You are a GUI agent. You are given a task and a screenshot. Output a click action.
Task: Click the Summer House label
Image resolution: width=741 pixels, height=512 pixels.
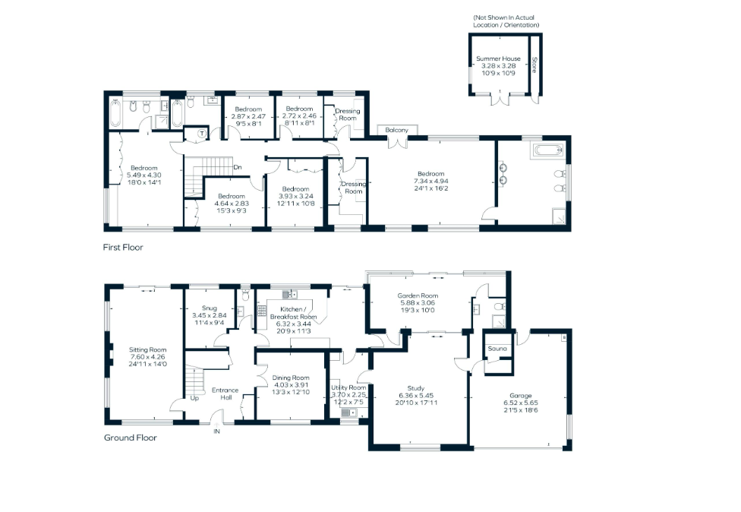point(498,58)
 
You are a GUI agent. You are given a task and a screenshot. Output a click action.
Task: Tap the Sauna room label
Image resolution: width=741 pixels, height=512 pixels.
point(497,349)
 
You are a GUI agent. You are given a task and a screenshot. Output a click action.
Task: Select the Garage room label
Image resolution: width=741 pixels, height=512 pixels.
point(520,395)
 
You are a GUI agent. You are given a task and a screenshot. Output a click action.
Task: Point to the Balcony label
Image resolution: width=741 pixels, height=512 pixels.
point(396,130)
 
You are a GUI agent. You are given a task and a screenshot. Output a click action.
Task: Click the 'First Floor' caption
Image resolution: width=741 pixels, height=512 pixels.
point(123,247)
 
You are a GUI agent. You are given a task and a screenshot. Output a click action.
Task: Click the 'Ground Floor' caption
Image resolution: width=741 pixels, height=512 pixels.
point(131,438)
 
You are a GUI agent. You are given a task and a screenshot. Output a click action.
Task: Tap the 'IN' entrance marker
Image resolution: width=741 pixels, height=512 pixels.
point(216,431)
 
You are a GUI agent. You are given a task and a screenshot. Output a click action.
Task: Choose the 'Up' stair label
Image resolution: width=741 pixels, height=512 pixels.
point(194,398)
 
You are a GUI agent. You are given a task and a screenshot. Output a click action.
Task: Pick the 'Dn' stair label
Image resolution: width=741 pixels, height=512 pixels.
point(238,167)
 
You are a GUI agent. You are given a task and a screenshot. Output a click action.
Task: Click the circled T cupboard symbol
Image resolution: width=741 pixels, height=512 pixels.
point(202,134)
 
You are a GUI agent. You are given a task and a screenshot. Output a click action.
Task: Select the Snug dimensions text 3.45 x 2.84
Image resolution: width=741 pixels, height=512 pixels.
point(210,315)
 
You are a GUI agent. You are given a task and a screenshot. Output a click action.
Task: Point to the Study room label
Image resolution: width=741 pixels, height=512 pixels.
point(416,388)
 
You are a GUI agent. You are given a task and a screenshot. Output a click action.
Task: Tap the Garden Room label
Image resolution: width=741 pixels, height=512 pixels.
point(418,296)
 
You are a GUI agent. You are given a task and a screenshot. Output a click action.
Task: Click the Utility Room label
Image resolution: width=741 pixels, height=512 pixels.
point(348,387)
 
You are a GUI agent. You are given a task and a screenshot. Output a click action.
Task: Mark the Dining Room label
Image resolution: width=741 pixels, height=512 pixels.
point(291,378)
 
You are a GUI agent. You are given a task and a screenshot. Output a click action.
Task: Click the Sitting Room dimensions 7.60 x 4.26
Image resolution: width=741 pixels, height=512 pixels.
point(147,357)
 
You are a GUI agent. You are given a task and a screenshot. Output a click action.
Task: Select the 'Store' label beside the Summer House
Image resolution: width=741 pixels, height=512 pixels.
point(534,65)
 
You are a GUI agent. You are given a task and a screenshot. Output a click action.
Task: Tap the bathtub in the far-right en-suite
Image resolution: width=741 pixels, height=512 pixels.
point(548,150)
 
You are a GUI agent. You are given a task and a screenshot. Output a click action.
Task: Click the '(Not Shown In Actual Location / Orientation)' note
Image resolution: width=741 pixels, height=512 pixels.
point(506,21)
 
